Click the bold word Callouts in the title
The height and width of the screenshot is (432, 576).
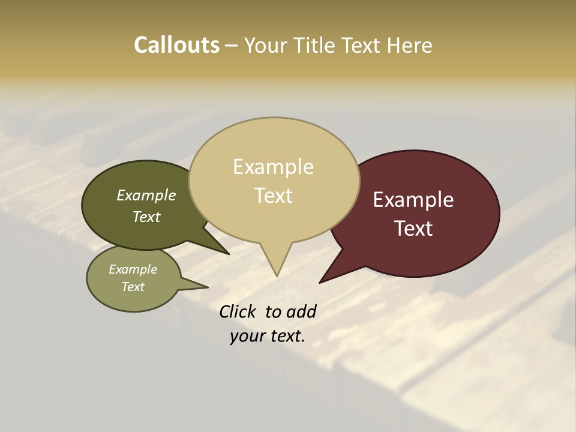[x=176, y=45]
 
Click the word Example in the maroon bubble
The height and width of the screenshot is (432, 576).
[x=413, y=200]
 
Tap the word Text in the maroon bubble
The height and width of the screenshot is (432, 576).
[x=413, y=229]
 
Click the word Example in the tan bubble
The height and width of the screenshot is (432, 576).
[x=273, y=167]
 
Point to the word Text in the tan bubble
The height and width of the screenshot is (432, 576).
[x=273, y=196]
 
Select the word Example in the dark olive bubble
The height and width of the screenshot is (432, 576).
[x=146, y=196]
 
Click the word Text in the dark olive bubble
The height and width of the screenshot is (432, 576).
[x=146, y=217]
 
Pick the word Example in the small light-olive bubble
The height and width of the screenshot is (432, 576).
[x=133, y=269]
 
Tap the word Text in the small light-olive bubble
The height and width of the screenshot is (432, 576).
[x=133, y=287]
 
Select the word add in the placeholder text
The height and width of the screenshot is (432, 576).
[x=301, y=311]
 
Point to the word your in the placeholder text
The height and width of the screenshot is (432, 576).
[x=247, y=336]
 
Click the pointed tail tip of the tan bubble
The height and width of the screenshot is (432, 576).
[x=277, y=276]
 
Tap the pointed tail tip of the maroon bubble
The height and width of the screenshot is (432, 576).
[x=320, y=282]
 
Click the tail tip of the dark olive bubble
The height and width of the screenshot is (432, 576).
[x=229, y=254]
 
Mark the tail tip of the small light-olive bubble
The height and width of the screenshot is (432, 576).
[x=208, y=287]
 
